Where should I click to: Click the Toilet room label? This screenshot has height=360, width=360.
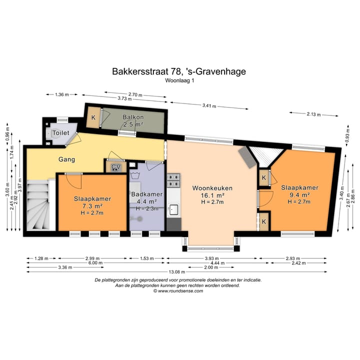click(61, 132)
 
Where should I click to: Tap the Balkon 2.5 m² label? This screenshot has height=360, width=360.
click(133, 121)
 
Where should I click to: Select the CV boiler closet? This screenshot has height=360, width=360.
click(116, 166)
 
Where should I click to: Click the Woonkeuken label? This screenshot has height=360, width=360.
click(212, 188)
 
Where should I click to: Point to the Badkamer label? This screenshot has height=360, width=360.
click(147, 194)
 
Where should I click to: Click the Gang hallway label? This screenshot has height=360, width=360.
click(66, 159)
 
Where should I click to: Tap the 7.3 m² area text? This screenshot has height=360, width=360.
click(92, 206)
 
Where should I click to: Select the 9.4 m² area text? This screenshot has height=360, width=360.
click(299, 195)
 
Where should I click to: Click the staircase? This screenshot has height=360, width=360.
click(38, 204)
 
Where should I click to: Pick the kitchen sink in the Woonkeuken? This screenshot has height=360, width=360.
click(173, 209)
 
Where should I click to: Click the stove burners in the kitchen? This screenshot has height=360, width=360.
click(173, 180)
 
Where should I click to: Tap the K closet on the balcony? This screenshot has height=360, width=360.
click(93, 117)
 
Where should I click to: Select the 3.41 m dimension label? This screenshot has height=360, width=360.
click(209, 106)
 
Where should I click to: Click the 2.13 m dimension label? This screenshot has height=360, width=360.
click(313, 114)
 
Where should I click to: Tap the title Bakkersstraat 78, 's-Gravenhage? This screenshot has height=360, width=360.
click(179, 71)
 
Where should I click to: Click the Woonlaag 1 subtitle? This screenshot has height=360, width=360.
click(179, 80)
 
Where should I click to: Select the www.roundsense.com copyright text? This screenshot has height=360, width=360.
click(178, 291)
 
